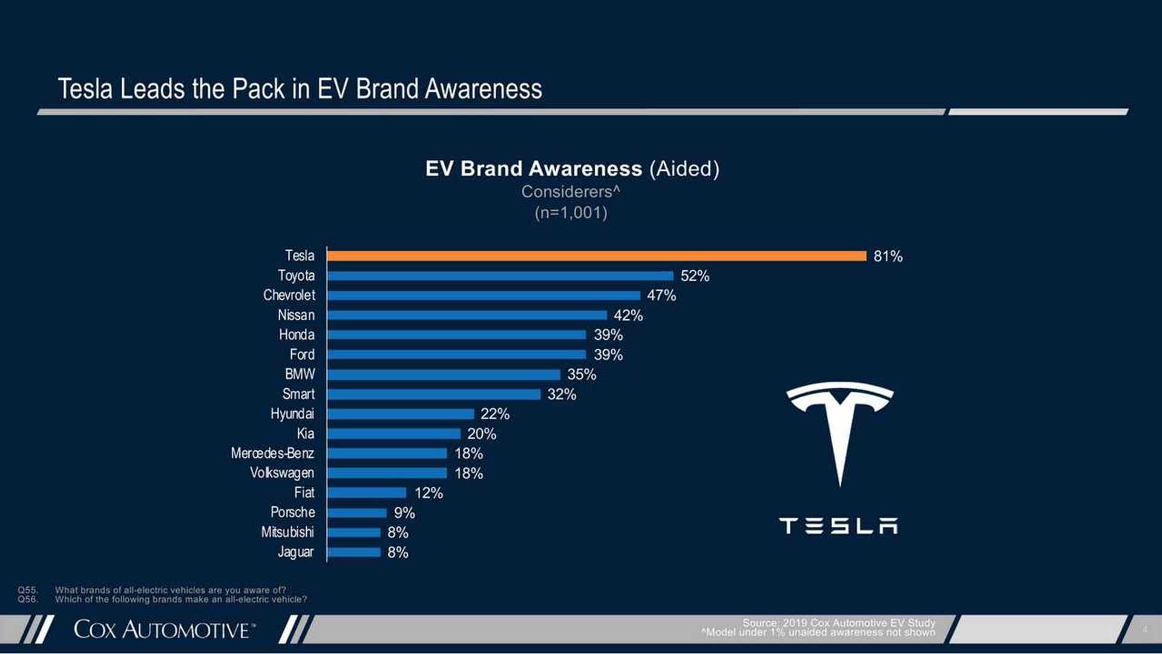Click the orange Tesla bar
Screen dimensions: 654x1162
[x=596, y=256]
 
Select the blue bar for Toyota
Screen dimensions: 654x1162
[x=500, y=276]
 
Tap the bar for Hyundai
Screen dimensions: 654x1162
[x=400, y=414]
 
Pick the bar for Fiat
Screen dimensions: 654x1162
[x=367, y=493]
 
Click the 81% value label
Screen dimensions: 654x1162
[x=888, y=256]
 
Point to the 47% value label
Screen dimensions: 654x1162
[x=661, y=296]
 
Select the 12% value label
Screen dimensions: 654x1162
[x=428, y=493]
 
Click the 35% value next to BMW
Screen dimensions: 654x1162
[x=581, y=375]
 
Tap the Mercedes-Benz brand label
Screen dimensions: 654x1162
[x=272, y=454]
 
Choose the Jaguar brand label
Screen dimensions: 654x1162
[x=295, y=552]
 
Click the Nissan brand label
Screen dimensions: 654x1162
[x=296, y=315]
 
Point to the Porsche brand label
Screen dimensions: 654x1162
[x=292, y=513]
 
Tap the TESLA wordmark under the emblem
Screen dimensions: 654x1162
[x=838, y=526]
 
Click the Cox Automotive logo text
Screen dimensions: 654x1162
[x=162, y=630]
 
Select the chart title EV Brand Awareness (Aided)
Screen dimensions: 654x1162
[x=572, y=169]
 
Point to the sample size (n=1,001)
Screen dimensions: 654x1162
[x=571, y=213]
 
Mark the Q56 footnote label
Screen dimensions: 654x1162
[x=27, y=599]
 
